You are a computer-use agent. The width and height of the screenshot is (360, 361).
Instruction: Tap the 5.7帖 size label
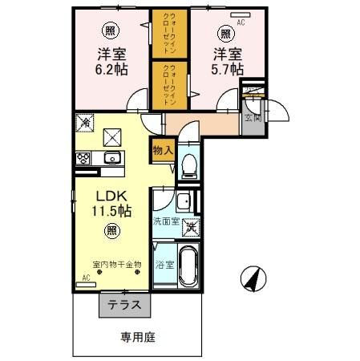[228, 71]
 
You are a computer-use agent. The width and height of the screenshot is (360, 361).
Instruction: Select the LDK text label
[110, 197]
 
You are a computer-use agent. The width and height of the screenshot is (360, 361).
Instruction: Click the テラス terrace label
[124, 305]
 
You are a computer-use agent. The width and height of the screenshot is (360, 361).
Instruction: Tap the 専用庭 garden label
[137, 338]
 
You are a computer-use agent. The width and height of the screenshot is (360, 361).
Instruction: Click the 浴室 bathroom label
[164, 264]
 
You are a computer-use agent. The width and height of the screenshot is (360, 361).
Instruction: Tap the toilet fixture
[188, 164]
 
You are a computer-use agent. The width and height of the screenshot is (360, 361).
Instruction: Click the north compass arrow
[253, 278]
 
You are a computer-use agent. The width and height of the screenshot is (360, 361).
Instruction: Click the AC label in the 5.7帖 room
[240, 23]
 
